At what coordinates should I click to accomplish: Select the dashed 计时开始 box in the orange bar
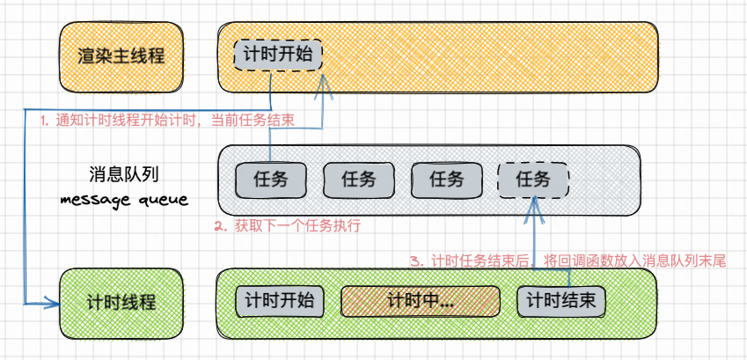pos(278,55)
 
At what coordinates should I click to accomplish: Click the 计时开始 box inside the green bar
pos(279,301)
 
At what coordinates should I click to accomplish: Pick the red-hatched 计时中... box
pos(420,301)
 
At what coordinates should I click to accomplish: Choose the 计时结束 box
pos(560,301)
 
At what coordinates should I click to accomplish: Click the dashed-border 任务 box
pos(533,180)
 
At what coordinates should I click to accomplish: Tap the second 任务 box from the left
pos(358,180)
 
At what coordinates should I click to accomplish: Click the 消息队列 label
pos(123,173)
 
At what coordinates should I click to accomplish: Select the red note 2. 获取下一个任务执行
pos(287,226)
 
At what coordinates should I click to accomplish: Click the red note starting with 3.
pos(568,261)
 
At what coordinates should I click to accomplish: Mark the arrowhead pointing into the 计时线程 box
pos(54,304)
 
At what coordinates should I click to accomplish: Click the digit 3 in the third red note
pos(416,261)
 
